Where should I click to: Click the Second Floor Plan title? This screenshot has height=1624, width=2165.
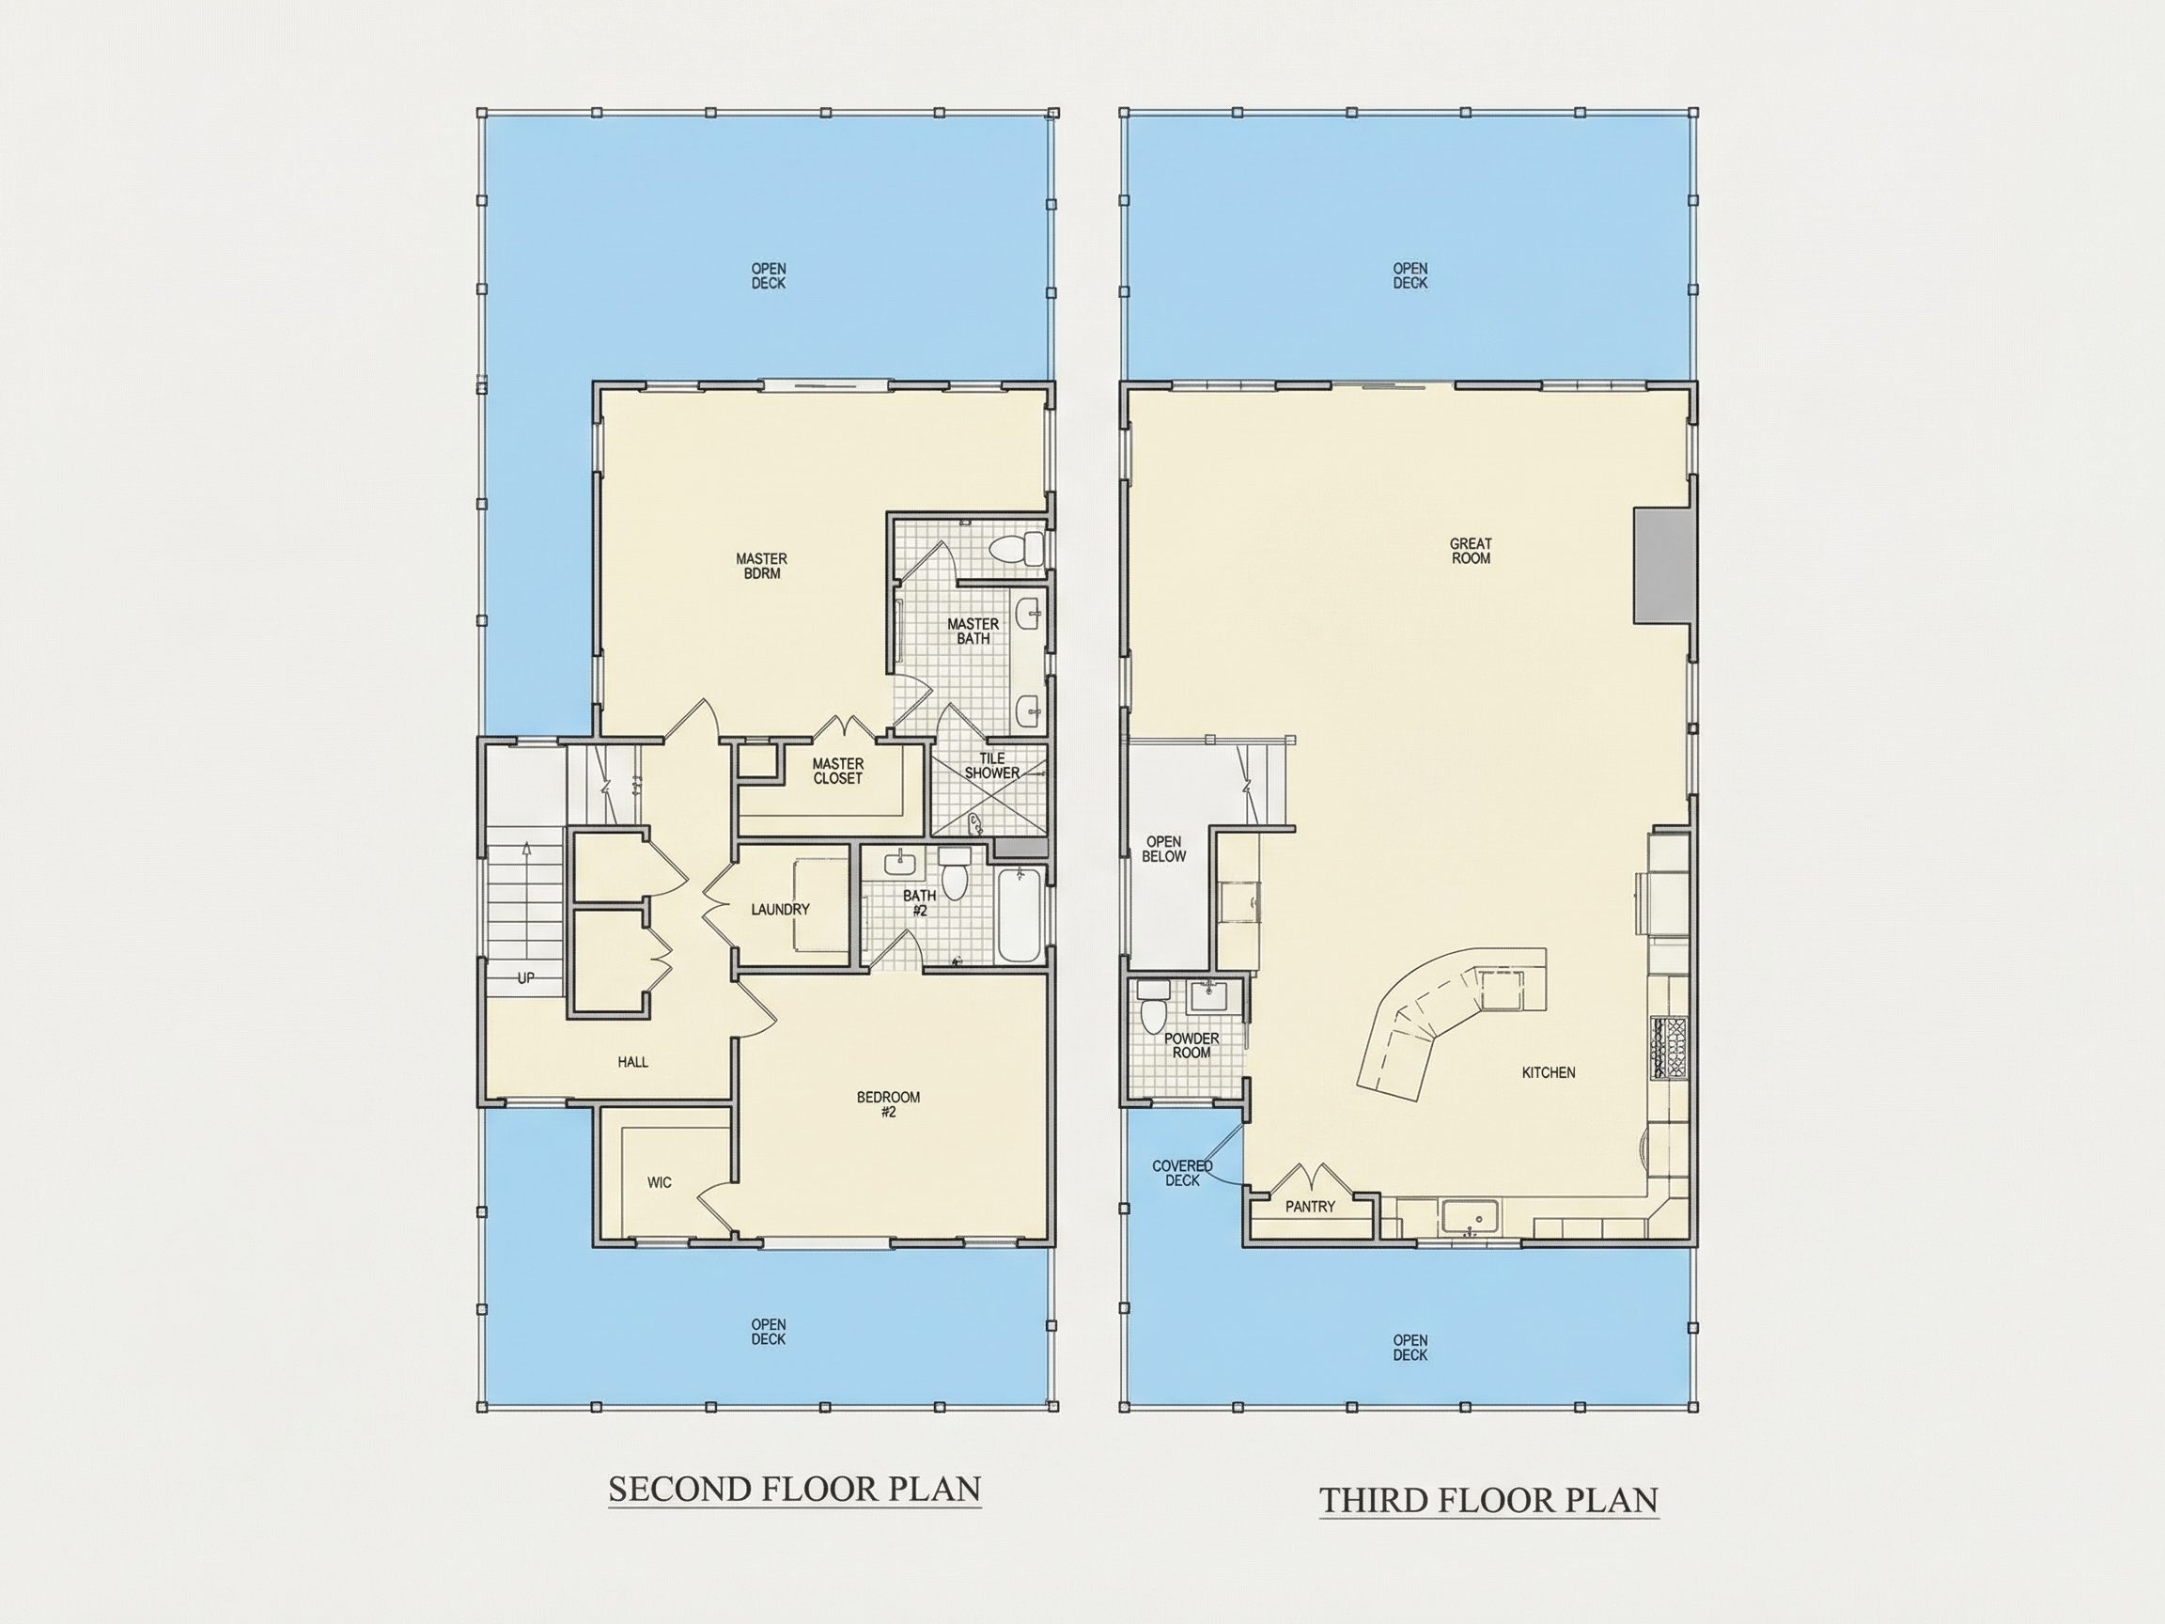tap(795, 1489)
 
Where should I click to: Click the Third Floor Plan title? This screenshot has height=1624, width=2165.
tap(1488, 1500)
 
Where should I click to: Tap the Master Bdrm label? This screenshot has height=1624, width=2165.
tap(761, 566)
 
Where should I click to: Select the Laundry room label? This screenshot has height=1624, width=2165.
tap(780, 910)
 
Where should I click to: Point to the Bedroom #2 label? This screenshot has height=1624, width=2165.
tap(889, 1104)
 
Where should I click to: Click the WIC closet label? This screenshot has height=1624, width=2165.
tap(660, 1182)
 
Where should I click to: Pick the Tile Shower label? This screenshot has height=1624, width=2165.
tap(992, 766)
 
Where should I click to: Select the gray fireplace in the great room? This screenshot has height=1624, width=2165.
tap(1662, 565)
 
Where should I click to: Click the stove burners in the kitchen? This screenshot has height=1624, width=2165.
tap(1670, 1049)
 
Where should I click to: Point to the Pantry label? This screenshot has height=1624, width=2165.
tap(1310, 1207)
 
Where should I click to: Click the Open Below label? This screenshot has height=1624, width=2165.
tap(1163, 849)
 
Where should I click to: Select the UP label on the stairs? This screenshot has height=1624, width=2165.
tap(525, 978)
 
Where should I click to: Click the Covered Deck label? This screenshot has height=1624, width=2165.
tap(1182, 1173)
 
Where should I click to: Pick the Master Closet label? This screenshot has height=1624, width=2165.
tap(838, 772)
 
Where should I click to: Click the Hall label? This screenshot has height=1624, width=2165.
tap(633, 1062)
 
